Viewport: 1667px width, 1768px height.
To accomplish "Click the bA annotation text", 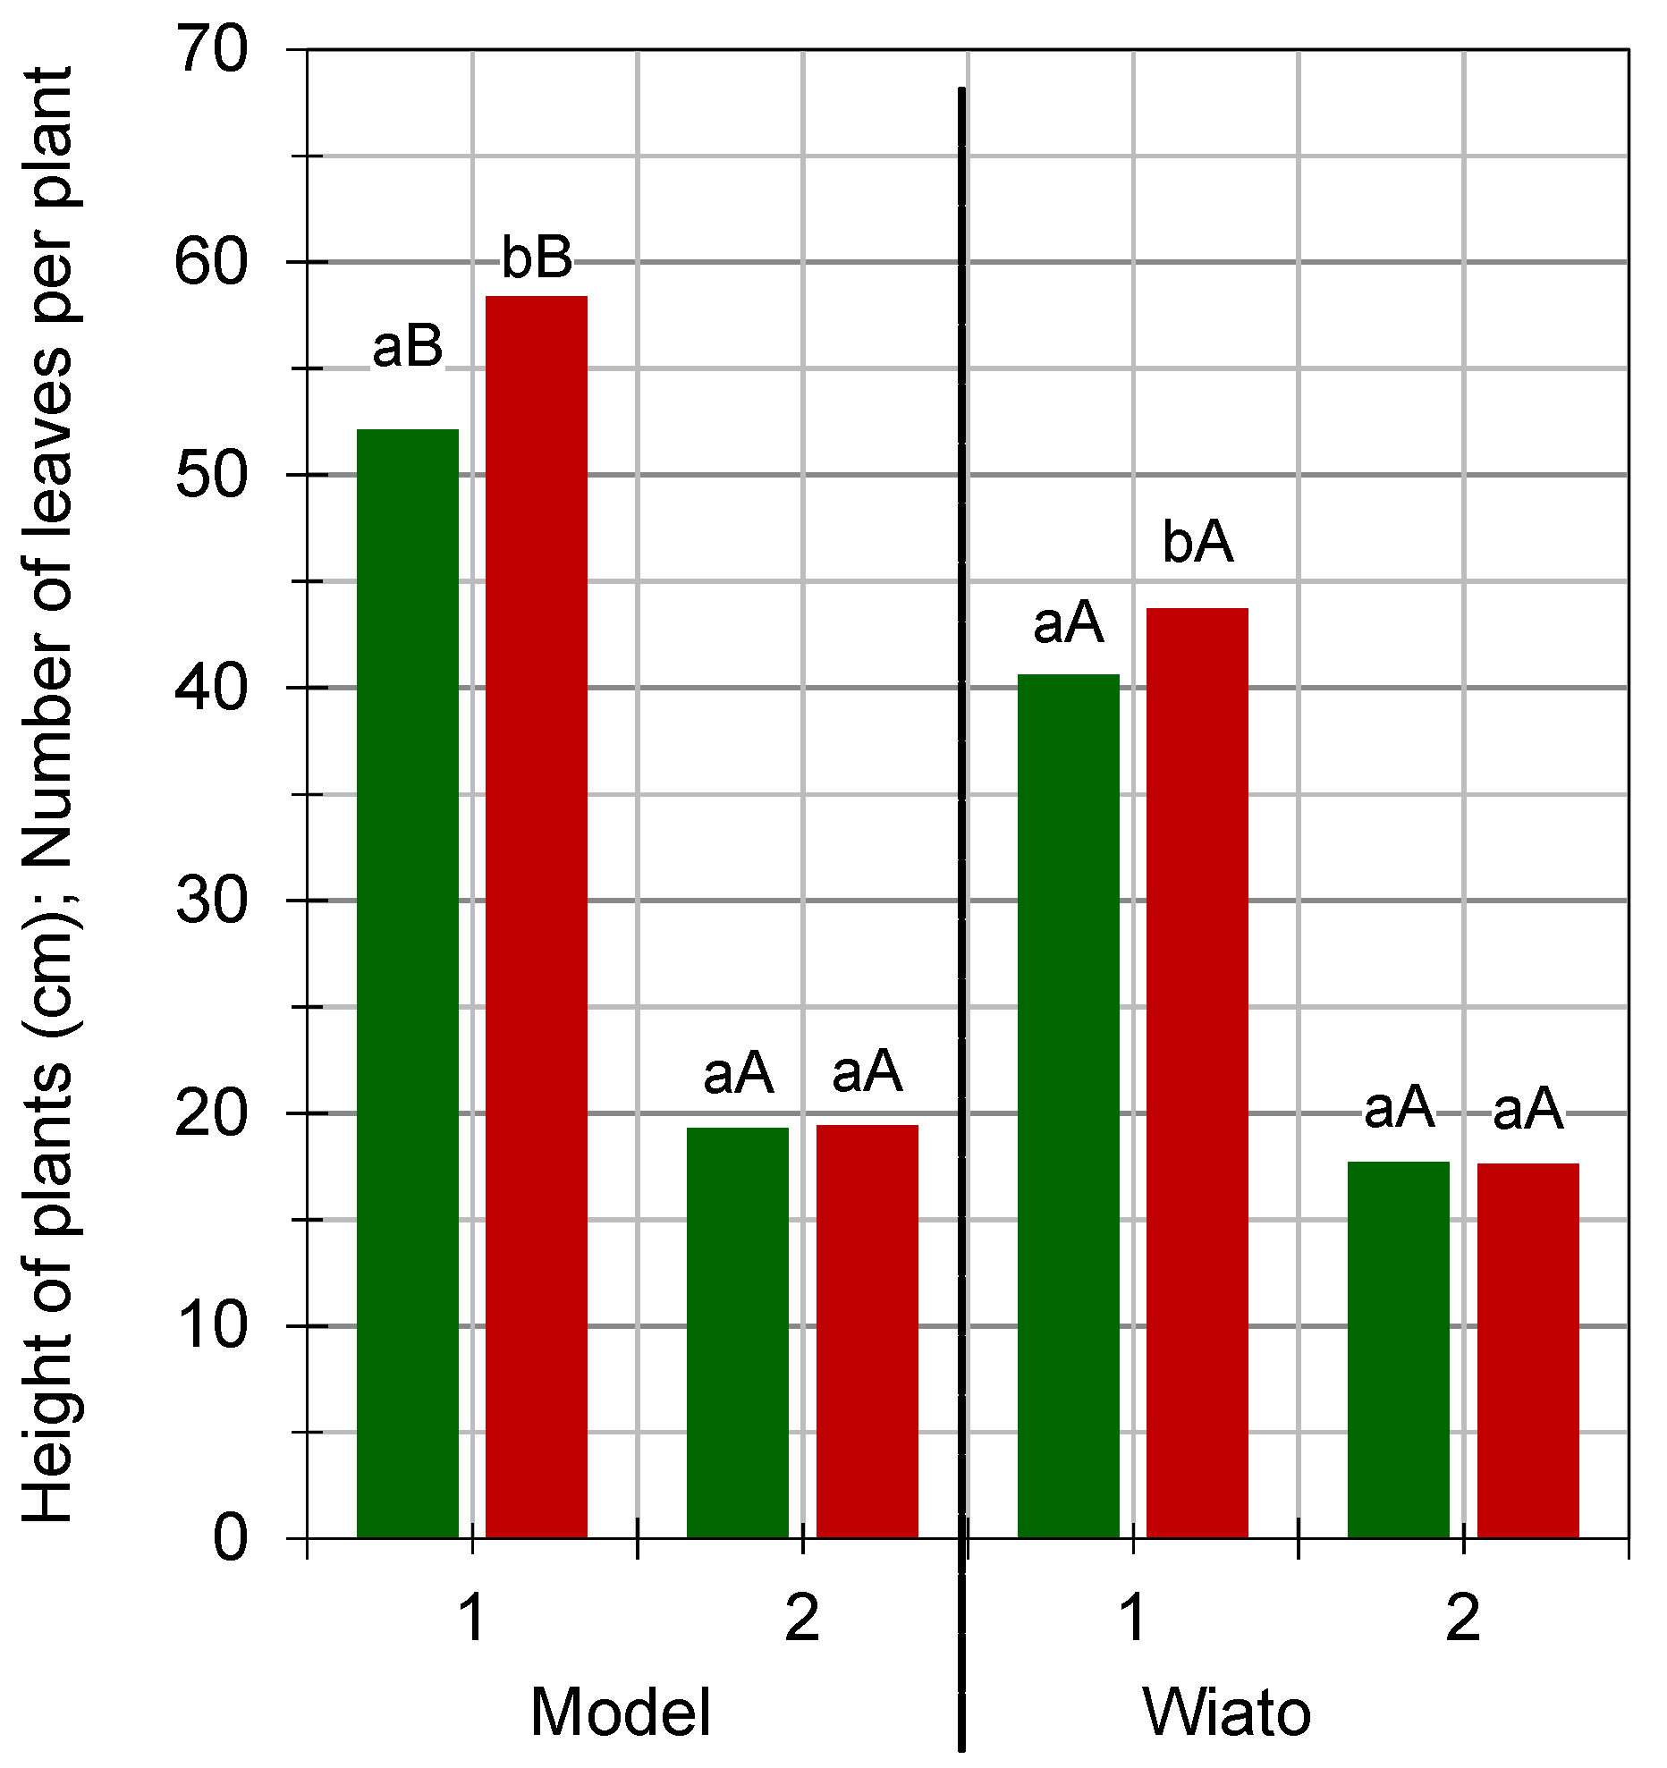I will click(x=1197, y=542).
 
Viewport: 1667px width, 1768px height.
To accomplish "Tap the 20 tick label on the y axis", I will click(x=212, y=1113).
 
